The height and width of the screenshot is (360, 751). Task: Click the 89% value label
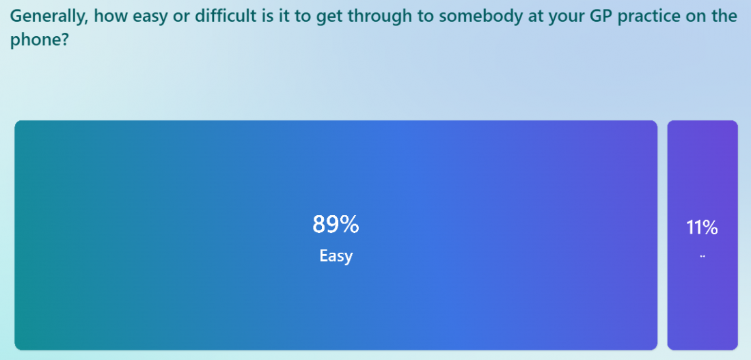pos(336,224)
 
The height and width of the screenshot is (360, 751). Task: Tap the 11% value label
pos(702,227)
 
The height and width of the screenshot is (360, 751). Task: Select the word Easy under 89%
pos(336,256)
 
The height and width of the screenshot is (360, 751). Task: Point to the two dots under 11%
pos(702,256)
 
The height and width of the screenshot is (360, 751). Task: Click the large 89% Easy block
pos(336,235)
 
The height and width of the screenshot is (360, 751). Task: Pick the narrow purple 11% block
pos(702,235)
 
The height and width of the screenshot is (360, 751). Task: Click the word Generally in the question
pos(47,17)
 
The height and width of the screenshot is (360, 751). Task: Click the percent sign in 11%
pos(710,227)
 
